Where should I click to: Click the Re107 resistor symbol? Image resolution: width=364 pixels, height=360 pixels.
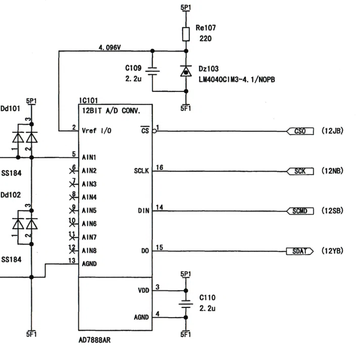click(x=186, y=34)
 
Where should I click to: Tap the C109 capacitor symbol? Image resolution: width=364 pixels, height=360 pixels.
click(x=152, y=71)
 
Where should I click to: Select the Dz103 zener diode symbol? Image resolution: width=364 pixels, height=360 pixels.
click(x=186, y=71)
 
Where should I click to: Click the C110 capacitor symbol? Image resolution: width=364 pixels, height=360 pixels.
click(x=186, y=304)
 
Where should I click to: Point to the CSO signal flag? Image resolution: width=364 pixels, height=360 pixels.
click(x=300, y=131)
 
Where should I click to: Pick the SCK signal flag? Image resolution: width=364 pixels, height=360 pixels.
click(x=300, y=171)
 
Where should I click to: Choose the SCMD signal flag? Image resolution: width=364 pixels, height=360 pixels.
click(x=300, y=211)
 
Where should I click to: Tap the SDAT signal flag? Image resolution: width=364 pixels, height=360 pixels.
click(x=300, y=251)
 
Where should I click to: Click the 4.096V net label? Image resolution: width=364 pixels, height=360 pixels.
click(x=110, y=47)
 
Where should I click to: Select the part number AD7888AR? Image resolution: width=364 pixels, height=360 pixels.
click(x=94, y=340)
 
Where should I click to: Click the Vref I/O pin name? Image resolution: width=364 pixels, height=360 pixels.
click(x=96, y=131)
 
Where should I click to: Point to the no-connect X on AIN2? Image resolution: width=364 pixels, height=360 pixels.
click(x=72, y=171)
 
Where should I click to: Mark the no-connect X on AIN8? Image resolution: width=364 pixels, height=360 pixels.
click(x=72, y=251)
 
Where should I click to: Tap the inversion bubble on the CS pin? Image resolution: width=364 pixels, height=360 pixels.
click(x=154, y=131)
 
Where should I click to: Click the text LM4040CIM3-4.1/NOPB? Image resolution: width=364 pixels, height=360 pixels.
click(x=237, y=80)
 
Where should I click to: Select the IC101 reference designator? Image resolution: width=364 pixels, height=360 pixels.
click(x=88, y=100)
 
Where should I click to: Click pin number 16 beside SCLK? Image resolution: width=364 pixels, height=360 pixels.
click(x=160, y=167)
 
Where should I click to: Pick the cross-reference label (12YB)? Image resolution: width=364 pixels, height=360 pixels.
click(x=332, y=251)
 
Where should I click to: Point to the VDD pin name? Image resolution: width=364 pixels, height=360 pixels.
click(x=143, y=290)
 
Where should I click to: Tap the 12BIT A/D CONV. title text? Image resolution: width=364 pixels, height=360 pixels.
click(x=111, y=111)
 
